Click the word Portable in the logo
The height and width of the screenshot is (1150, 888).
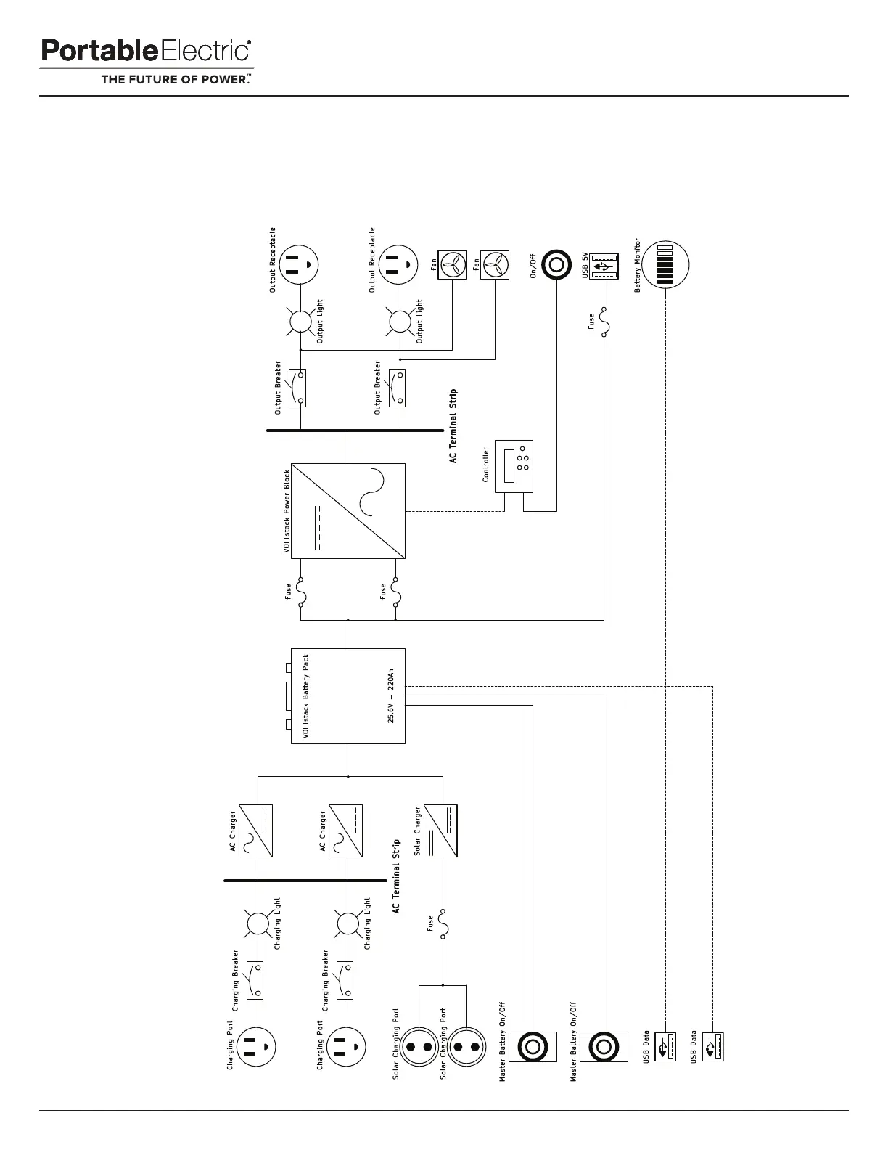coord(98,52)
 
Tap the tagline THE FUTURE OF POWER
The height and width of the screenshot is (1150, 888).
coord(176,80)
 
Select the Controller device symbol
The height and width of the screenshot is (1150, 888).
coord(514,465)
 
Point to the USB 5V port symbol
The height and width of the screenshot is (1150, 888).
coord(604,266)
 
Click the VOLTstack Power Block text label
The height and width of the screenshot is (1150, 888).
coord(287,512)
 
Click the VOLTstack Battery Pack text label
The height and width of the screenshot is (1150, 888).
coord(305,696)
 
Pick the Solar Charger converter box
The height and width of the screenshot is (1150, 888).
coord(440,831)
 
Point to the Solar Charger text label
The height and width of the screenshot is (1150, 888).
coord(418,831)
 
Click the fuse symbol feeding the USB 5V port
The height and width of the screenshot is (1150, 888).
coord(604,320)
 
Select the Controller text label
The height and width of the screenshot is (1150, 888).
coord(486,465)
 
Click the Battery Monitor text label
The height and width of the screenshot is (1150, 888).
coord(638,265)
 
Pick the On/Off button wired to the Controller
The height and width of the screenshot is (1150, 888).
coord(556,265)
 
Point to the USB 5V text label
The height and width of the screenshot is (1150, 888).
coord(585,265)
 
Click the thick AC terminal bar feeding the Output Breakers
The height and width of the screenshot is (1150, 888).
coord(348,431)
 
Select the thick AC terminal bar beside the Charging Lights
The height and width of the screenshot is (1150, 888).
coord(305,881)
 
